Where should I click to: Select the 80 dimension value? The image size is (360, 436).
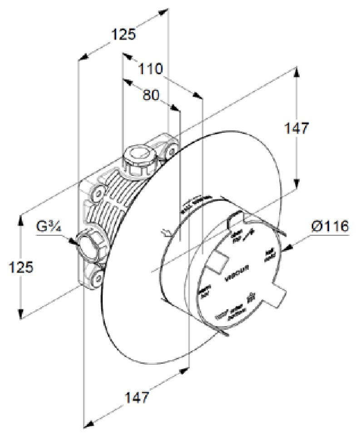[x=151, y=95]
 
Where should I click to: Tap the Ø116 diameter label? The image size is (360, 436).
[x=330, y=226]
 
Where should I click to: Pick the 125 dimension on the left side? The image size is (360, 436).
[x=21, y=267]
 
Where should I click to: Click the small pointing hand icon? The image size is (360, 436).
[x=166, y=233]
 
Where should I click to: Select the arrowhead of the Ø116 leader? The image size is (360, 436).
[x=285, y=248]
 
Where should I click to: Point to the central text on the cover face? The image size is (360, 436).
[x=235, y=277]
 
